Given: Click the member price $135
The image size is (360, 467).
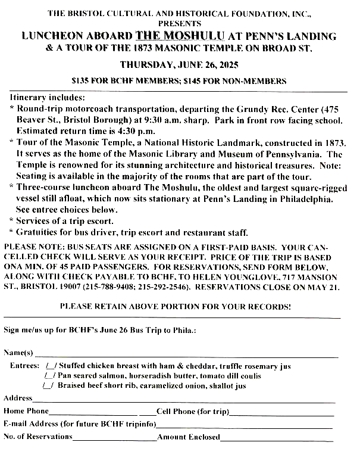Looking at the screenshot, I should coord(81,80).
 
